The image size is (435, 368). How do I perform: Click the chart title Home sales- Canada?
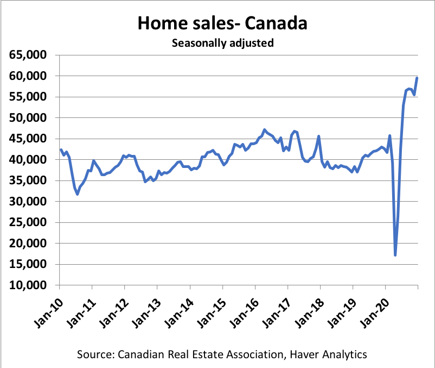[222, 23]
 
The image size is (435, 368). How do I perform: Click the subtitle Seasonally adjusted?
[222, 43]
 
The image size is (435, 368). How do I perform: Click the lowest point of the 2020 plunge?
[395, 255]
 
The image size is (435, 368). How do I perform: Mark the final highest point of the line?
[417, 78]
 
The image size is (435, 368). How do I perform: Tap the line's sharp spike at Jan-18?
[318, 136]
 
